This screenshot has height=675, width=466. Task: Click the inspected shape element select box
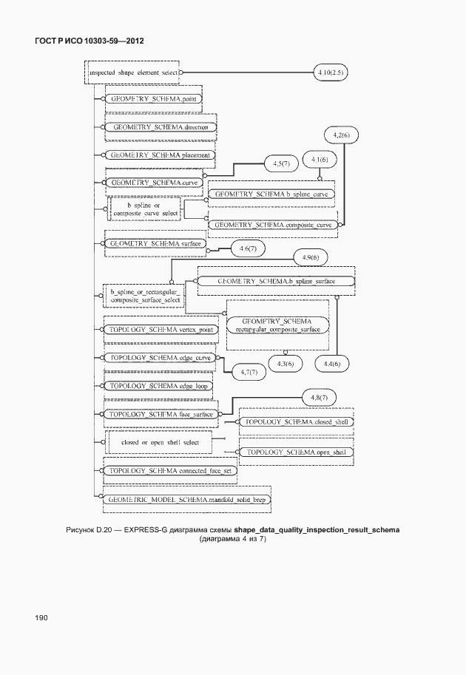point(132,73)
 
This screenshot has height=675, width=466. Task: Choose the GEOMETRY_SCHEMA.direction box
point(161,127)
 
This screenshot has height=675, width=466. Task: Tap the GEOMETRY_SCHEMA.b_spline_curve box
point(271,194)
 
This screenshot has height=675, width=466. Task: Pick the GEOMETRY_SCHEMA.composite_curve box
point(273,224)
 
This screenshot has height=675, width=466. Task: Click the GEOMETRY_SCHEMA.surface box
point(155,242)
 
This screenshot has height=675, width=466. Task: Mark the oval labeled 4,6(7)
point(248,250)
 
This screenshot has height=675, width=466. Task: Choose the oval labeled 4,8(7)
point(320,398)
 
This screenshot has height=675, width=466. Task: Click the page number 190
point(40,617)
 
